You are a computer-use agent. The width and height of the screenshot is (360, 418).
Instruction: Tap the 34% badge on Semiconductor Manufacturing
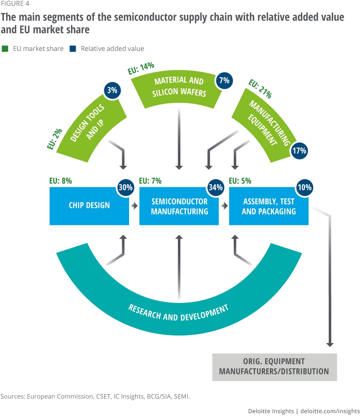pos(215,188)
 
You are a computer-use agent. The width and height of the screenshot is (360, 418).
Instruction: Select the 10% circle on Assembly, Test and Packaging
pos(305,188)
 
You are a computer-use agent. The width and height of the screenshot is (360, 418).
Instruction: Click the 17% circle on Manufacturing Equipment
pos(299,151)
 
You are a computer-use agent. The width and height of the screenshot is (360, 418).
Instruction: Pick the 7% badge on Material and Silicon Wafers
pos(224,80)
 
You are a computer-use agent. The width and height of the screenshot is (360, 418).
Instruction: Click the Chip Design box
pos(89,206)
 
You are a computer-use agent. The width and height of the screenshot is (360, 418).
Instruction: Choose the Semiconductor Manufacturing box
pos(179,206)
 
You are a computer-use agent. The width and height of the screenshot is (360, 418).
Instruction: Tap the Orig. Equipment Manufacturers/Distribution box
pos(274,366)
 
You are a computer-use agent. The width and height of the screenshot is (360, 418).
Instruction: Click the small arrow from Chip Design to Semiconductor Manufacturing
pos(134,206)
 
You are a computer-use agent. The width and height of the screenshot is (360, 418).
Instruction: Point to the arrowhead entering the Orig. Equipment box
pos(330,344)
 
